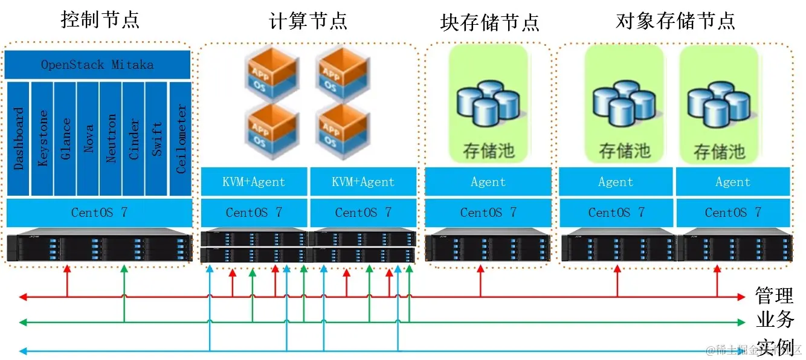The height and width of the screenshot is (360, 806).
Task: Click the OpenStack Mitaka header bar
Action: click(97, 65)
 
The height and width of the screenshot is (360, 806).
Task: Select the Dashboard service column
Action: click(18, 139)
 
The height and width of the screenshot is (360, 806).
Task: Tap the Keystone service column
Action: click(42, 139)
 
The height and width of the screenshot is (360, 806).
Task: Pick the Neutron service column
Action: click(111, 139)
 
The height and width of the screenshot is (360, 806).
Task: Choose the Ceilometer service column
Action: click(181, 139)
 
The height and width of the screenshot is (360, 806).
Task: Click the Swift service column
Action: click(156, 139)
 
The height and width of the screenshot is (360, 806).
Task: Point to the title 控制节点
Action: click(100, 20)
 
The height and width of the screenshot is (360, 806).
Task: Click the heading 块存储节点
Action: click(490, 23)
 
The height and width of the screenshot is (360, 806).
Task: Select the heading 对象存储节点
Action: click(675, 21)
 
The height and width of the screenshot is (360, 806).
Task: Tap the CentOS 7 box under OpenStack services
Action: click(99, 213)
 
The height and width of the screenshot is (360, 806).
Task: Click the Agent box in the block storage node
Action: click(488, 182)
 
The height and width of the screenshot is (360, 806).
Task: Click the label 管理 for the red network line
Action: click(774, 296)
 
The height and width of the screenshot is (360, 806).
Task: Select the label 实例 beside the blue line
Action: click(774, 347)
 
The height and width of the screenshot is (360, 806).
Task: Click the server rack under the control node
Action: click(99, 247)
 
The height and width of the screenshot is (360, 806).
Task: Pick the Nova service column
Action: click(88, 139)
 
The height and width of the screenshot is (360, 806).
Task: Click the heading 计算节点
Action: click(308, 22)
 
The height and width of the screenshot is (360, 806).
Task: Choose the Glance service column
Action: click(65, 139)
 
